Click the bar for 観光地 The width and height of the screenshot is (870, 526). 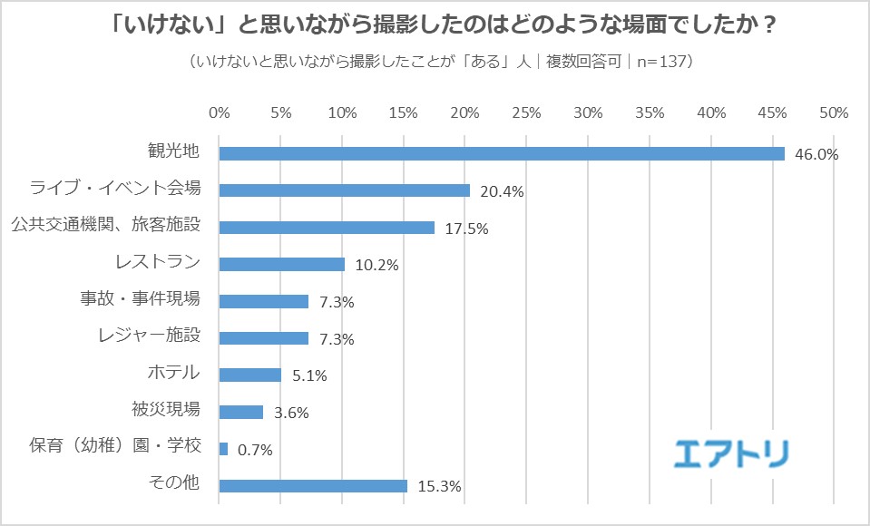pos(502,153)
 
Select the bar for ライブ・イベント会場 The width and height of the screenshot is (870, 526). pos(345,190)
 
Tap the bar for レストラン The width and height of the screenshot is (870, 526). pos(282,264)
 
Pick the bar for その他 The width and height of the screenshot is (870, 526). pos(313,485)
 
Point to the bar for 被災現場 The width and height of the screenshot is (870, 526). pos(241,412)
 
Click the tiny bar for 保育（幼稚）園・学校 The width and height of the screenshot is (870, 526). pos(223,448)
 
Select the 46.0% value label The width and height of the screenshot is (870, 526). pos(816,154)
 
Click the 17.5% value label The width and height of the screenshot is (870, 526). pos(466,229)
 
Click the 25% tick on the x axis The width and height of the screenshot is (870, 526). pos(526,113)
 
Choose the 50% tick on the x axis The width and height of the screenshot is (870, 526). pos(833,113)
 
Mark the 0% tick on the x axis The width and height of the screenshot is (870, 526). pos(220,113)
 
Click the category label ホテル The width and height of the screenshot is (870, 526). pos(173,373)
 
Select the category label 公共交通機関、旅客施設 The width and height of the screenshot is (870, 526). pos(105,226)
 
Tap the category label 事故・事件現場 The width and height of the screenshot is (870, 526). pos(141,299)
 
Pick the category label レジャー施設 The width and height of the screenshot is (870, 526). pos(148,336)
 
